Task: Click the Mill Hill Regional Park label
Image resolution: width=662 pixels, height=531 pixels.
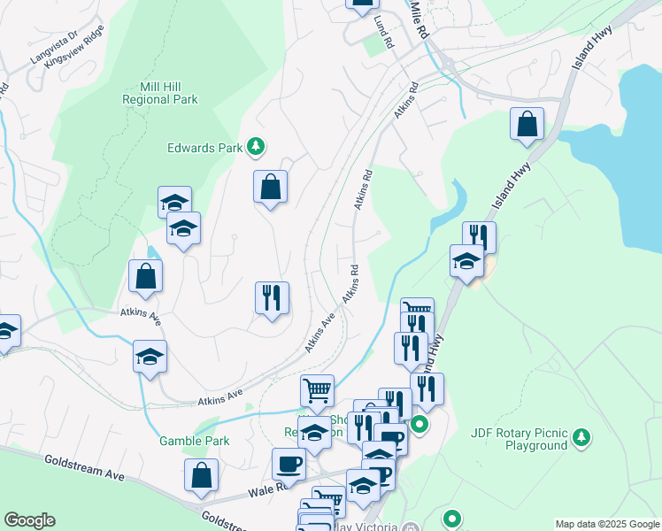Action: coord(160,93)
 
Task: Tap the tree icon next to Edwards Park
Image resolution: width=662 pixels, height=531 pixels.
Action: coord(256,147)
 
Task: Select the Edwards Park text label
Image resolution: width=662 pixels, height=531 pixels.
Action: coord(204,148)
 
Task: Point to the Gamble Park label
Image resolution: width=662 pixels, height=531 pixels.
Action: coord(194,441)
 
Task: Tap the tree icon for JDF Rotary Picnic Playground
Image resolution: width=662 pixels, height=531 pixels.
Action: coord(581,437)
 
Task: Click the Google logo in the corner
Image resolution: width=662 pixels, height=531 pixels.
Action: coord(29,520)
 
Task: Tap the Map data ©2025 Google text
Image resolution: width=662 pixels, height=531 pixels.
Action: coord(606,524)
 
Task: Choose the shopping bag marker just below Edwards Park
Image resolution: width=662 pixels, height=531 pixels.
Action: coord(270,187)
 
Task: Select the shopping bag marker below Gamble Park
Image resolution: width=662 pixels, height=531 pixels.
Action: coord(201,475)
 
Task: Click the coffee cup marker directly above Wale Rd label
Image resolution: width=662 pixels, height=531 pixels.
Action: coord(289,463)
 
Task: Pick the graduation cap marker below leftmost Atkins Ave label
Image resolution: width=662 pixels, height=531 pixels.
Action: coord(150,358)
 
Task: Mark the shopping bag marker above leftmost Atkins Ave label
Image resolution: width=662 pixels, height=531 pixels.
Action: coord(145,276)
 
